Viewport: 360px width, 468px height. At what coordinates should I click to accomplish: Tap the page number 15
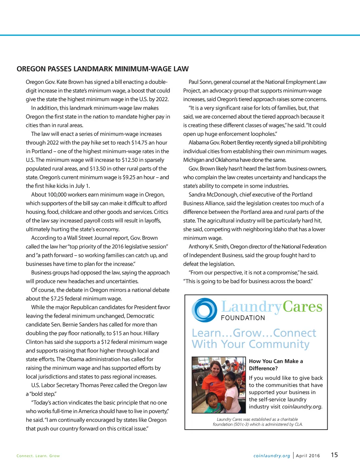point(334,455)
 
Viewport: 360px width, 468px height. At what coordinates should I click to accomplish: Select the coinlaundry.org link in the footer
point(272,456)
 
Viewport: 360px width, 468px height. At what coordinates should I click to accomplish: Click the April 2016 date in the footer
point(308,456)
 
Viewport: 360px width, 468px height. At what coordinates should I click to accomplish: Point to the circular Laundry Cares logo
point(204,310)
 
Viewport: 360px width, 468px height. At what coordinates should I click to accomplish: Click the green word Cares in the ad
point(302,307)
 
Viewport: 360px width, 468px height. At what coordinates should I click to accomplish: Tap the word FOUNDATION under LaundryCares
point(243,318)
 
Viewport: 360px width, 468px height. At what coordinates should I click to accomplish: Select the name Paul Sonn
point(200,82)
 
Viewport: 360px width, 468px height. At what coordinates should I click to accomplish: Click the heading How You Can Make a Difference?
point(276,365)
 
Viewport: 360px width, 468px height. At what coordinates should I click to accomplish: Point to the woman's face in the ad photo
point(215,370)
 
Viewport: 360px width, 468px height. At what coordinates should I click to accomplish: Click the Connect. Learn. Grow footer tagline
point(38,456)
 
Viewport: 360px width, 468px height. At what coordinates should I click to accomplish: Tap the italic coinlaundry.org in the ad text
point(302,407)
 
